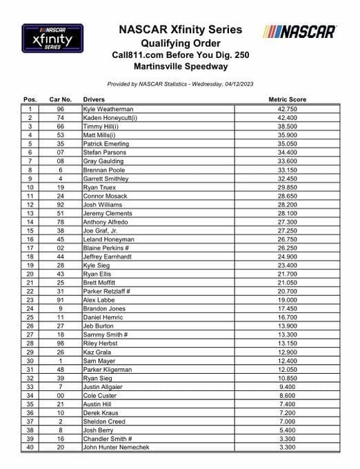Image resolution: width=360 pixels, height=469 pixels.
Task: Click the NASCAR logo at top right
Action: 299,32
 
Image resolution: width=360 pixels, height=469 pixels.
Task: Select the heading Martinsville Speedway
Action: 180,66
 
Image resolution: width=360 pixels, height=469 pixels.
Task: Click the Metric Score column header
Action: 287,99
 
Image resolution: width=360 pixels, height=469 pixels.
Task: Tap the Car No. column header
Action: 61,99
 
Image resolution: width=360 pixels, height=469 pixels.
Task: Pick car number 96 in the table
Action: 61,109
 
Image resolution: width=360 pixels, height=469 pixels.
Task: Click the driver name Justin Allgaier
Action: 103,386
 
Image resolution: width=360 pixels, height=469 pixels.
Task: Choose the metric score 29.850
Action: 287,187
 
